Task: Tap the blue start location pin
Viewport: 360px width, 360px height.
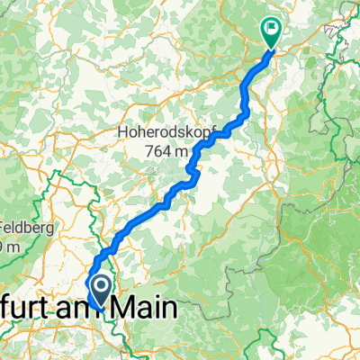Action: coord(101,290)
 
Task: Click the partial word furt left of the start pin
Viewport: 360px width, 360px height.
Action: coord(43,308)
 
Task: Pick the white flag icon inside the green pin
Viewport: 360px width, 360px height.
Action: coord(271,27)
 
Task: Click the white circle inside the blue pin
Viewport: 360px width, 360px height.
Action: coord(101,286)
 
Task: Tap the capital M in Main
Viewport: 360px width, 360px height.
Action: coord(138,308)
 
